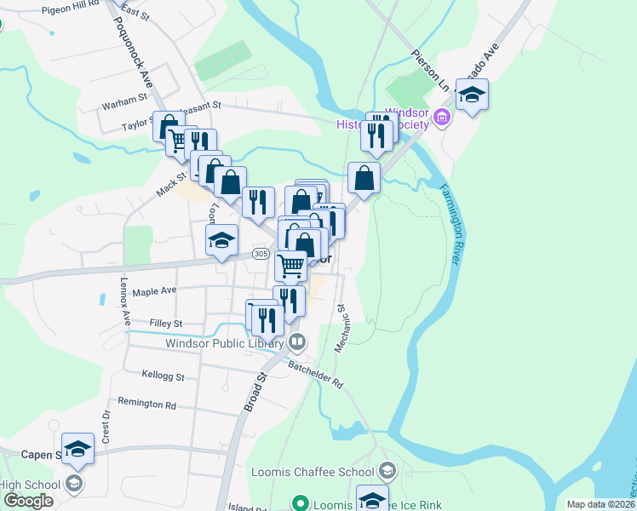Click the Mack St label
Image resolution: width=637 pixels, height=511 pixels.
pyautogui.click(x=171, y=181)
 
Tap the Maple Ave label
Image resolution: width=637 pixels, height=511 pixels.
pyautogui.click(x=154, y=290)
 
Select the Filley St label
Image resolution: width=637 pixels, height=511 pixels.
pyautogui.click(x=165, y=324)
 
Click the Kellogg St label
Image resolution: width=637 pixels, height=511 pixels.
pyautogui.click(x=153, y=376)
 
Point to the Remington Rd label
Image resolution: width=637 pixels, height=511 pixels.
pyautogui.click(x=146, y=404)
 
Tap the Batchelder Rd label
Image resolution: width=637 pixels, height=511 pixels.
pyautogui.click(x=314, y=374)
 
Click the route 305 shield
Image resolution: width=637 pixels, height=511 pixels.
pyautogui.click(x=261, y=254)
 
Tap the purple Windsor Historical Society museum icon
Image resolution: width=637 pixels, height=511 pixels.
pyautogui.click(x=442, y=118)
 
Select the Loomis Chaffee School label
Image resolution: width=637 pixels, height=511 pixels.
pyautogui.click(x=313, y=472)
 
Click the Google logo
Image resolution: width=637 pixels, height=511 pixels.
pyautogui.click(x=28, y=500)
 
